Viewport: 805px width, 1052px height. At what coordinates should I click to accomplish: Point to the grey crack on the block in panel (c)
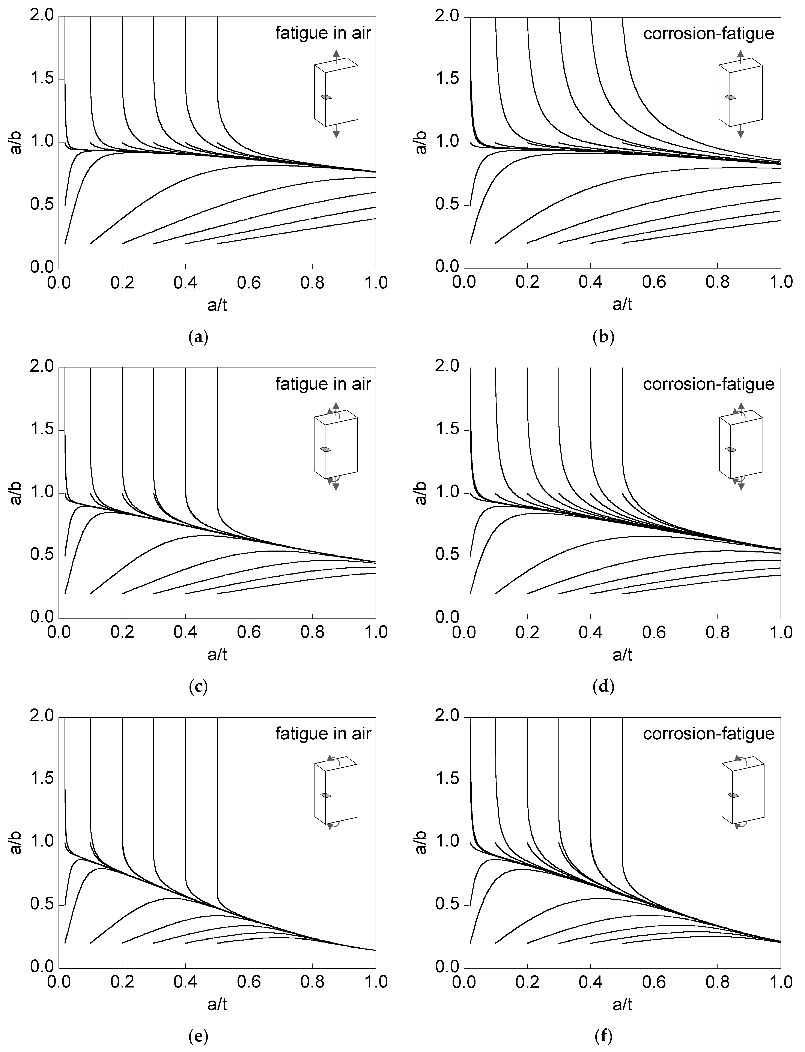pos(326,449)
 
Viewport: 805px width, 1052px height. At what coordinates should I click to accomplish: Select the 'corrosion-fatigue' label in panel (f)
pos(708,734)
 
